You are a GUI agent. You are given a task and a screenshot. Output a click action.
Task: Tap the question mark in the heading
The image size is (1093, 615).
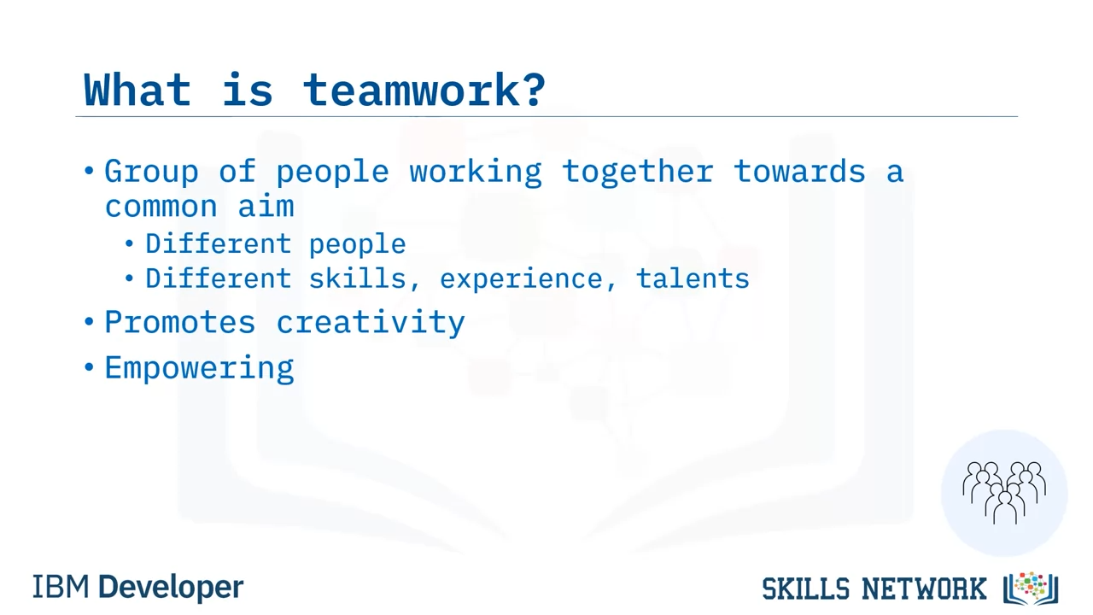point(535,90)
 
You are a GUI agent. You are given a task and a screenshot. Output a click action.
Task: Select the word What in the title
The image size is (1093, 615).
point(137,90)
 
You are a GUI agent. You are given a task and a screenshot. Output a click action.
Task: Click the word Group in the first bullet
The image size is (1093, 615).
point(151,173)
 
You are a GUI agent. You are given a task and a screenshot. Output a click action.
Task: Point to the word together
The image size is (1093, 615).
point(638,172)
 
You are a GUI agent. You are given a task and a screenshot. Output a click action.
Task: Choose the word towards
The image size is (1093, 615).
point(800,171)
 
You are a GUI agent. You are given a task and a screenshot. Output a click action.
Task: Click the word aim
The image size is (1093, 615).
point(266,206)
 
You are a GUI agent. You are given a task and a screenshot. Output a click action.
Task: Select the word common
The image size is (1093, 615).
point(161,207)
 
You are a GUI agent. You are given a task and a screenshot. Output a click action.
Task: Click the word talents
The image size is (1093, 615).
point(693,278)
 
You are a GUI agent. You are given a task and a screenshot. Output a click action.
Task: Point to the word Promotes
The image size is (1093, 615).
point(180,323)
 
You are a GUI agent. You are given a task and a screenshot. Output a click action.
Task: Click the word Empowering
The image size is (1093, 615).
point(199,368)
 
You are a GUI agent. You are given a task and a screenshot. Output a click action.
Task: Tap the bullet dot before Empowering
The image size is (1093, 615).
point(89,367)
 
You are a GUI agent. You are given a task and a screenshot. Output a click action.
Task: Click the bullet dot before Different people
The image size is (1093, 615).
point(129,243)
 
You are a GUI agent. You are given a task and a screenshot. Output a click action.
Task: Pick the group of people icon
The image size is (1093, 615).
point(1004,493)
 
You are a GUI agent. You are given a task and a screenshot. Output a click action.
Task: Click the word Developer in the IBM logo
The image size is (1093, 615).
point(171,587)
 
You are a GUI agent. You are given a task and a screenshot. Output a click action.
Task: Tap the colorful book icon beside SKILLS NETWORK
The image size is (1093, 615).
point(1031,588)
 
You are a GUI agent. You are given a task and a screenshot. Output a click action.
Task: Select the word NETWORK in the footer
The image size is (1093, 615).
point(924,589)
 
